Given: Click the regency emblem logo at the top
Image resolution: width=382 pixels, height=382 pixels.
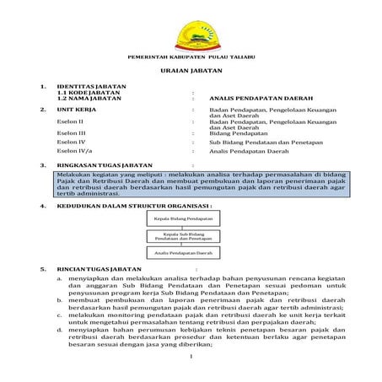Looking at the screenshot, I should pos(190,35).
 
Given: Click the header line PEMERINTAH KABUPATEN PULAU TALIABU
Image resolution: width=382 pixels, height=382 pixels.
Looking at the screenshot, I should pos(190,57).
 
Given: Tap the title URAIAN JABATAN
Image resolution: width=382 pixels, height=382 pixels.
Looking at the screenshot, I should pos(190,73).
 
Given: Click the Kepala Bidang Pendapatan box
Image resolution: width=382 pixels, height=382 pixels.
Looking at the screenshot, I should pos(183,218).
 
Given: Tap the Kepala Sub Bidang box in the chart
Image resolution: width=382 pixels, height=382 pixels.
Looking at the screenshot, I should pos(183,235).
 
